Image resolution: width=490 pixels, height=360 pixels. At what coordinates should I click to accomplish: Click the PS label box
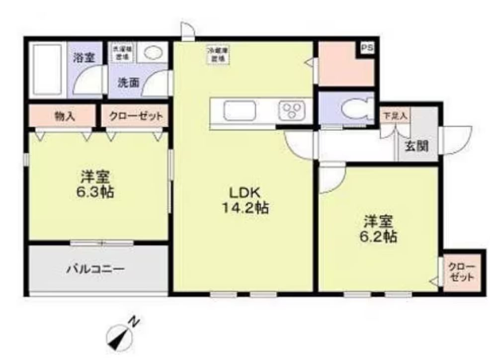point(367,48)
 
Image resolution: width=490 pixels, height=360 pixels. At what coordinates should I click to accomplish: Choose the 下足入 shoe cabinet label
point(395,115)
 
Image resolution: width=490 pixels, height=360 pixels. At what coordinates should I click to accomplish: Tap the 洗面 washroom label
point(128,83)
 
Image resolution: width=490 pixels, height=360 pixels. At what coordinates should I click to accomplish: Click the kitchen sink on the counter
point(239,110)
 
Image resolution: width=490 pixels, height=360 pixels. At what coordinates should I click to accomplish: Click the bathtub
point(46,70)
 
